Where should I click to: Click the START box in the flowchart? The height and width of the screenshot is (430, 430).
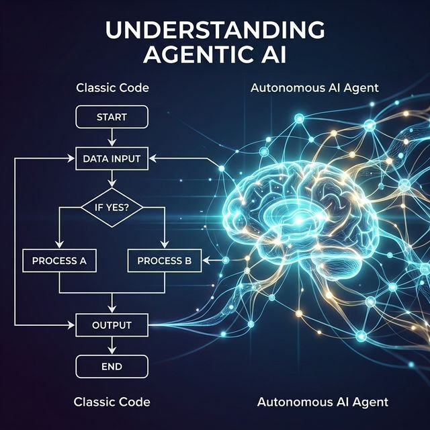point(112,117)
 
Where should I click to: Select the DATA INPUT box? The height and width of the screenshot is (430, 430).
point(112,159)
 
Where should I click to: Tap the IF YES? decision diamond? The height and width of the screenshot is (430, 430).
point(112,208)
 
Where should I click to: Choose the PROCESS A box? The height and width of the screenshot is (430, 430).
point(60,260)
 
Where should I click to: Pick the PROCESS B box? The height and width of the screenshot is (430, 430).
point(165,260)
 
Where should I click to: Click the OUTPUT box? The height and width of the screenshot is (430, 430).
point(112,325)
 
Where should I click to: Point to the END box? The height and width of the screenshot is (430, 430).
point(112,367)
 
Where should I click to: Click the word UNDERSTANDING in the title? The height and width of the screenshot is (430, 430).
point(215,30)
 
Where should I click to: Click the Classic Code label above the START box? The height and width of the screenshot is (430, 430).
point(112,88)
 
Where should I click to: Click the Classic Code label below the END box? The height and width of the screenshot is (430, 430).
point(112,402)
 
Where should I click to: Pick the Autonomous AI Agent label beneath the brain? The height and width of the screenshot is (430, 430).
point(322,402)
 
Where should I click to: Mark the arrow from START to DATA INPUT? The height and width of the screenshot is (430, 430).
point(112,137)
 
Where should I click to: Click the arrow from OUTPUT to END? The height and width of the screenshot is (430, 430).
point(112,347)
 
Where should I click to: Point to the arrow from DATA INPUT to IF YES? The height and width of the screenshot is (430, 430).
point(112,180)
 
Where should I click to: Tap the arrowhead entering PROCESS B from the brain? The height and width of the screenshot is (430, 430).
point(206,260)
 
